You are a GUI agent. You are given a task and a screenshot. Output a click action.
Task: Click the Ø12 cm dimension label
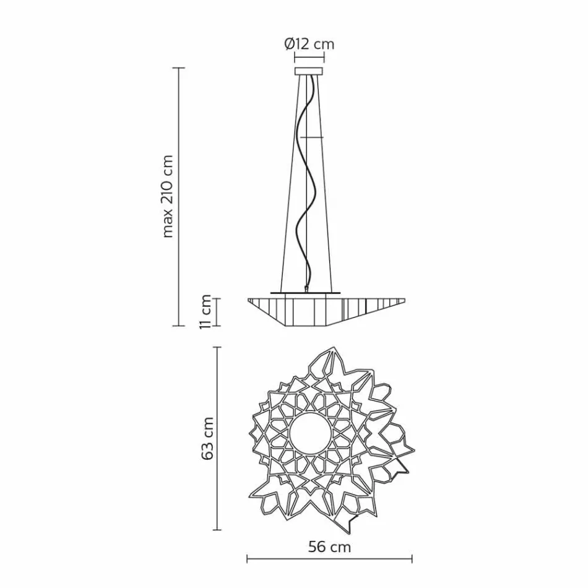coord(309,44)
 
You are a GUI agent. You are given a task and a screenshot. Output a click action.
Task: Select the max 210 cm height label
coord(167,196)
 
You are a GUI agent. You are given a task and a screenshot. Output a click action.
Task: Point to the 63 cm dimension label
coord(208,438)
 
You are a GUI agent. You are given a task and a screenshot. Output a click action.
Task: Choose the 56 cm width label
coord(329,547)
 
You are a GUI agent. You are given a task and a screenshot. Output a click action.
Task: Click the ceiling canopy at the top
coord(309,72)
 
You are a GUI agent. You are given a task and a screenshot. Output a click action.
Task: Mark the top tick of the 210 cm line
coord(179,68)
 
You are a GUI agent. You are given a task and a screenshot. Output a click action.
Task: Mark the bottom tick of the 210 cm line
coord(179,325)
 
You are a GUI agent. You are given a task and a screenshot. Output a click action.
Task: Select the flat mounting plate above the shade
coord(305,290)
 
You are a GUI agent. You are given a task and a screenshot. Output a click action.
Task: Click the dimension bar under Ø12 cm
coord(309,61)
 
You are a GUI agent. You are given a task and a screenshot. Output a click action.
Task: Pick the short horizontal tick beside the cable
coord(314,136)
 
